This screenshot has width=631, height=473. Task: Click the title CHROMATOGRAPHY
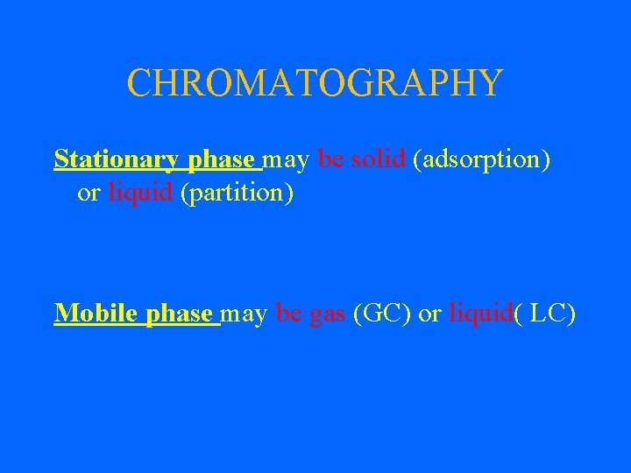315,83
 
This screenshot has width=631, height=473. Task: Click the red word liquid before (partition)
140,193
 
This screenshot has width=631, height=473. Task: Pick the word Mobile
90,313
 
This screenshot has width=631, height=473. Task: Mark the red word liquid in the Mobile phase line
480,314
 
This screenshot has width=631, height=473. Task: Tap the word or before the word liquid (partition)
89,194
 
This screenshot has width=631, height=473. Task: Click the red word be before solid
330,160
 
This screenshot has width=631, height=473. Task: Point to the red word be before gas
288,313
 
